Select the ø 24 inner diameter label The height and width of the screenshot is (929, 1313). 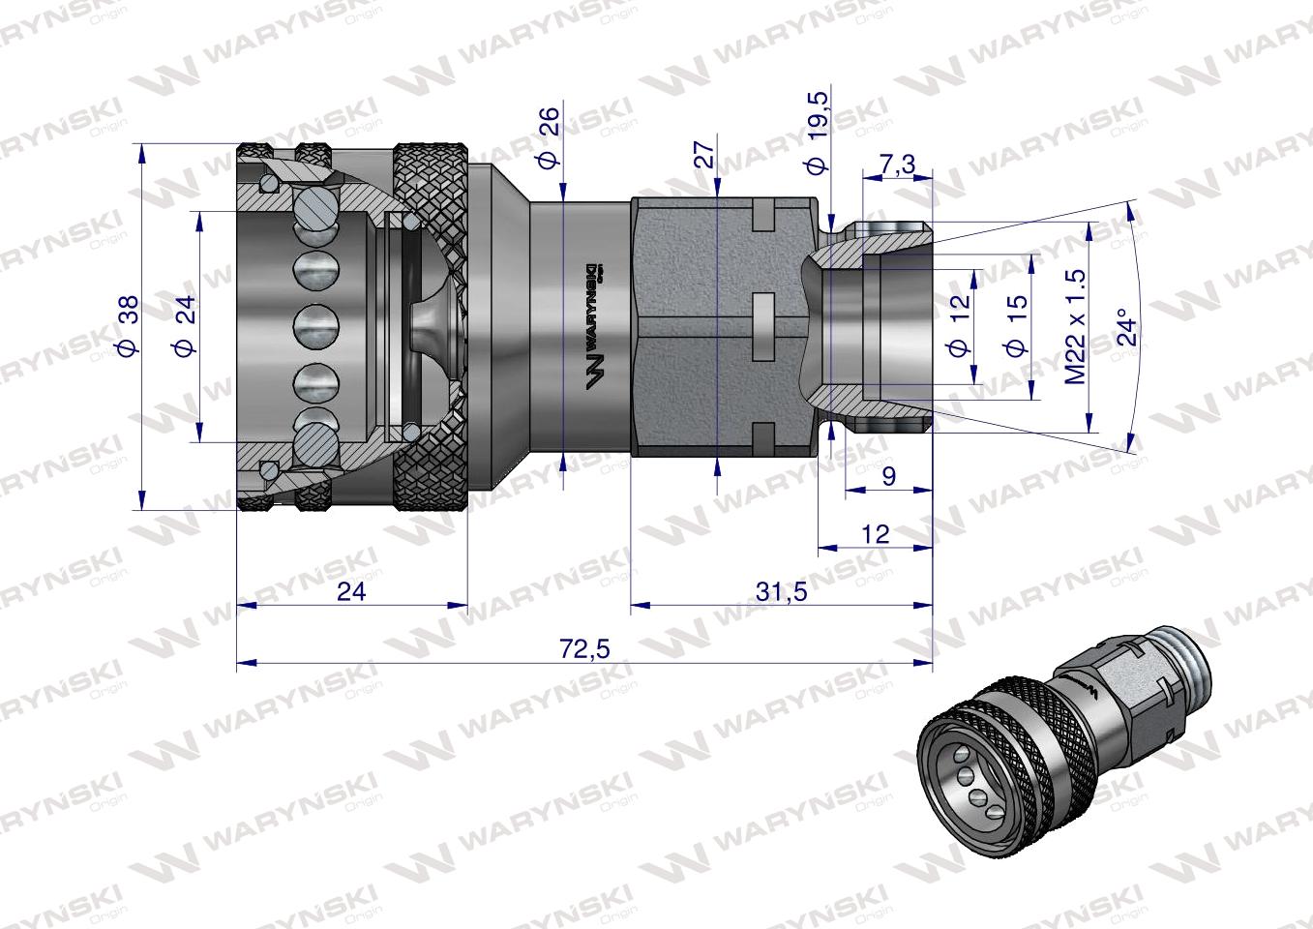click(185, 325)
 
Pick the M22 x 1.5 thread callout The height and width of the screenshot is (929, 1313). click(1075, 326)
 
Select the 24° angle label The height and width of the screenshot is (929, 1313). click(1125, 327)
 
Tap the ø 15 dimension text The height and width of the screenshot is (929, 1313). click(1015, 327)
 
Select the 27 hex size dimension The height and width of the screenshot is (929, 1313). click(703, 155)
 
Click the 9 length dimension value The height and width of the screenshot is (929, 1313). click(889, 475)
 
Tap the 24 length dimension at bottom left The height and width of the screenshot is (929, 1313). click(351, 591)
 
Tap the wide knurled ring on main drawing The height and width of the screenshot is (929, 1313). click(432, 326)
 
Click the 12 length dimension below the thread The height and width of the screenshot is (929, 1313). click(875, 533)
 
